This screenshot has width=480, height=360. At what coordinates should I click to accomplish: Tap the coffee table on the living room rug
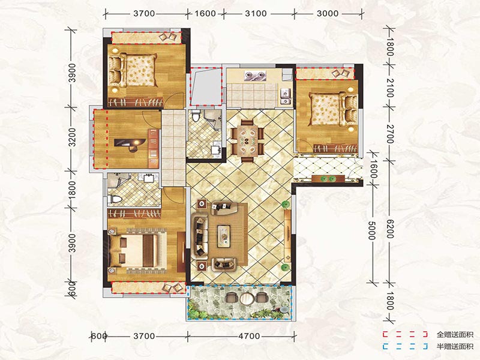224,236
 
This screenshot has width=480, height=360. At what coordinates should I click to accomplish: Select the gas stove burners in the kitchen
255,76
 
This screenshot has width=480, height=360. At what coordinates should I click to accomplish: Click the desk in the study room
130,143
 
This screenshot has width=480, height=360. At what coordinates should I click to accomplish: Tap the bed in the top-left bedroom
134,70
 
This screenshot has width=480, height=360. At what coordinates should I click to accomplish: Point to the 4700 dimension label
249,336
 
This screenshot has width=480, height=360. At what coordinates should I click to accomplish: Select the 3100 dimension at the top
256,13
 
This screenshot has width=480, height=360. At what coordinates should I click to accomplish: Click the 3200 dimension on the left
71,137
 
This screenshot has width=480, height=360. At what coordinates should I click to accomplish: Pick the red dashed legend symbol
404,334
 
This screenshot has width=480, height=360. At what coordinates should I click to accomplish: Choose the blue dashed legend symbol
404,347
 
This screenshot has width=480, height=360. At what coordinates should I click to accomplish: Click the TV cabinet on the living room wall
287,233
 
